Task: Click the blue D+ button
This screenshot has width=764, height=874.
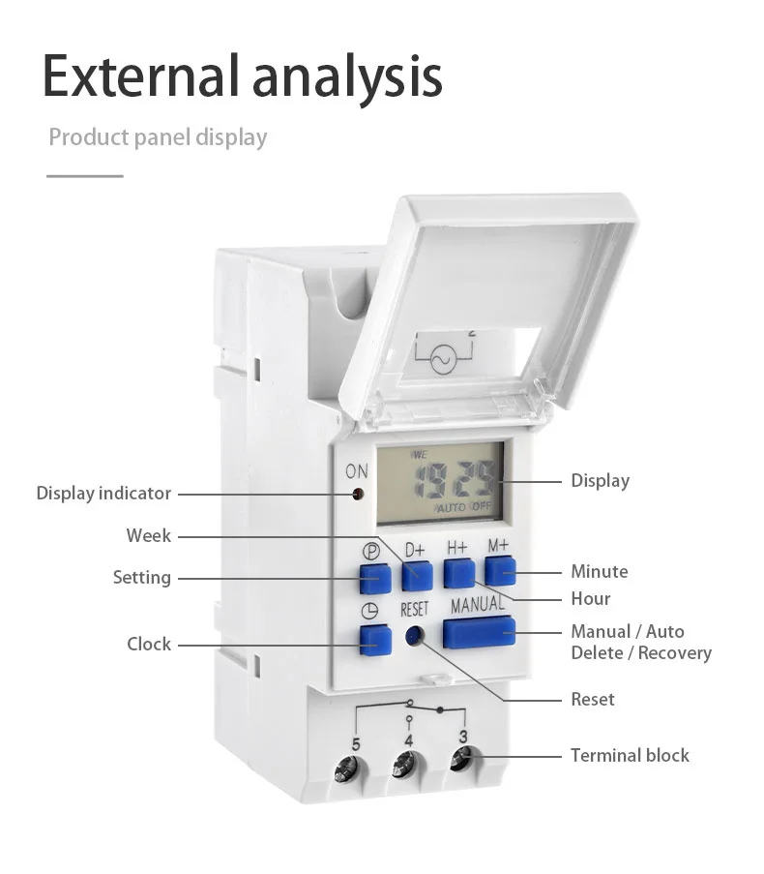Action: tap(417, 575)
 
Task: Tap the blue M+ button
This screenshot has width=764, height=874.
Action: tap(500, 571)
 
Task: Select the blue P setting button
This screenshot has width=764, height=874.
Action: tap(374, 578)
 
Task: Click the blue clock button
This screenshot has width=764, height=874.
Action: tap(374, 638)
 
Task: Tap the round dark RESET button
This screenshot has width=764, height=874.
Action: tap(414, 636)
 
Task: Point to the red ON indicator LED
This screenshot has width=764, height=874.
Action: tap(358, 494)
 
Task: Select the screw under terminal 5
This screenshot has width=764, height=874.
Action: tap(345, 771)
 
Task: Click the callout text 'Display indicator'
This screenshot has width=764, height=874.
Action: tap(103, 493)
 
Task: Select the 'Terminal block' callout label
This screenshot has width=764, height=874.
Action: tap(630, 755)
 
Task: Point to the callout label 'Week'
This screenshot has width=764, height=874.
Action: tap(148, 535)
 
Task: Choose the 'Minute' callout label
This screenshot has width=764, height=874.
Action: tap(599, 571)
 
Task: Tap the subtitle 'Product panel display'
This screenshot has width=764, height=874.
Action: tap(158, 136)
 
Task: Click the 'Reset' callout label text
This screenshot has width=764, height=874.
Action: tap(592, 699)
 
